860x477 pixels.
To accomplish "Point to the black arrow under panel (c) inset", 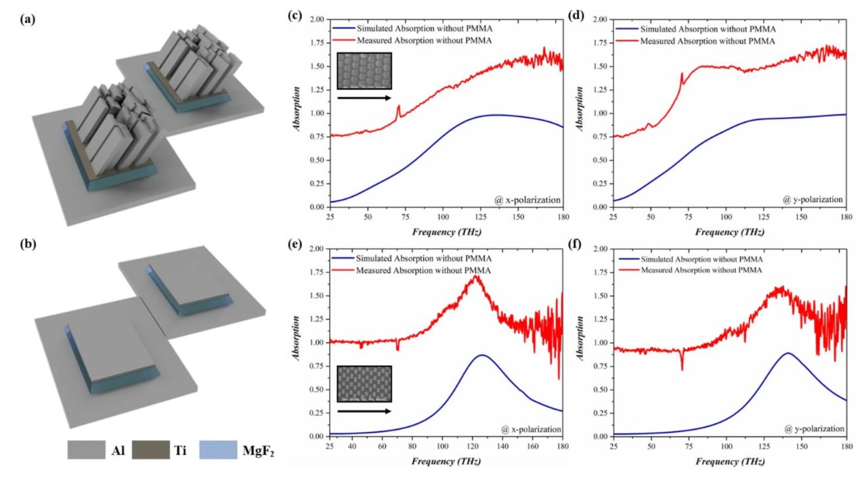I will point(364,97).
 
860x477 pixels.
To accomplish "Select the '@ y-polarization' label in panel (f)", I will point(813,428).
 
